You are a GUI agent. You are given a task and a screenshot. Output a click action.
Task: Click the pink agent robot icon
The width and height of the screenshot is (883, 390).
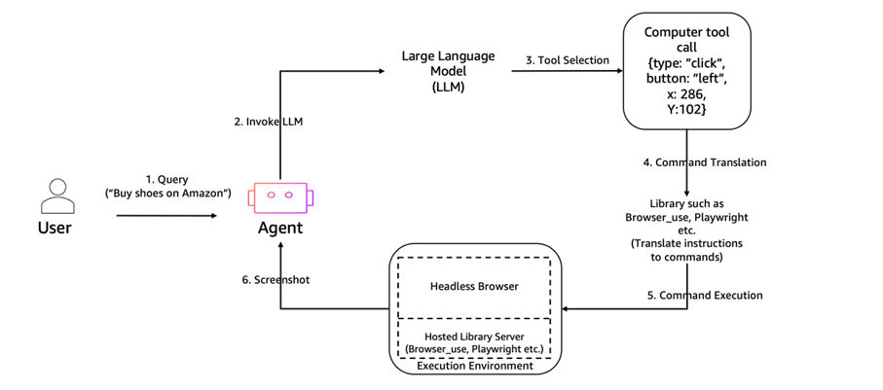tap(280, 196)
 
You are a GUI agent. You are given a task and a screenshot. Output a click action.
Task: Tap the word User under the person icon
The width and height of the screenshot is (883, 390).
tap(55, 230)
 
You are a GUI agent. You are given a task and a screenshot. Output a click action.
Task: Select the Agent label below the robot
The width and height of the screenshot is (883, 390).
tap(280, 229)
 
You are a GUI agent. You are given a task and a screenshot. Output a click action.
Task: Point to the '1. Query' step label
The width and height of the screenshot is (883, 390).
tap(167, 181)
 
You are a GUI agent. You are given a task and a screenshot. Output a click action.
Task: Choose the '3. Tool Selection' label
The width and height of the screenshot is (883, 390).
tap(567, 60)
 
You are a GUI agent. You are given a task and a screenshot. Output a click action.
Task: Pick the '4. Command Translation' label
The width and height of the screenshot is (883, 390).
tap(704, 161)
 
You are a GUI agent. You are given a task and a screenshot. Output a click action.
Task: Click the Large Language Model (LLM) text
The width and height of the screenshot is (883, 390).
tap(438, 71)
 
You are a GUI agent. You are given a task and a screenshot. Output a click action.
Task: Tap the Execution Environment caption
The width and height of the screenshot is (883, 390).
tap(474, 367)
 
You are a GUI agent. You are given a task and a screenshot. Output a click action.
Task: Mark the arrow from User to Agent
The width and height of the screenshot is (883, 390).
tap(166, 216)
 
